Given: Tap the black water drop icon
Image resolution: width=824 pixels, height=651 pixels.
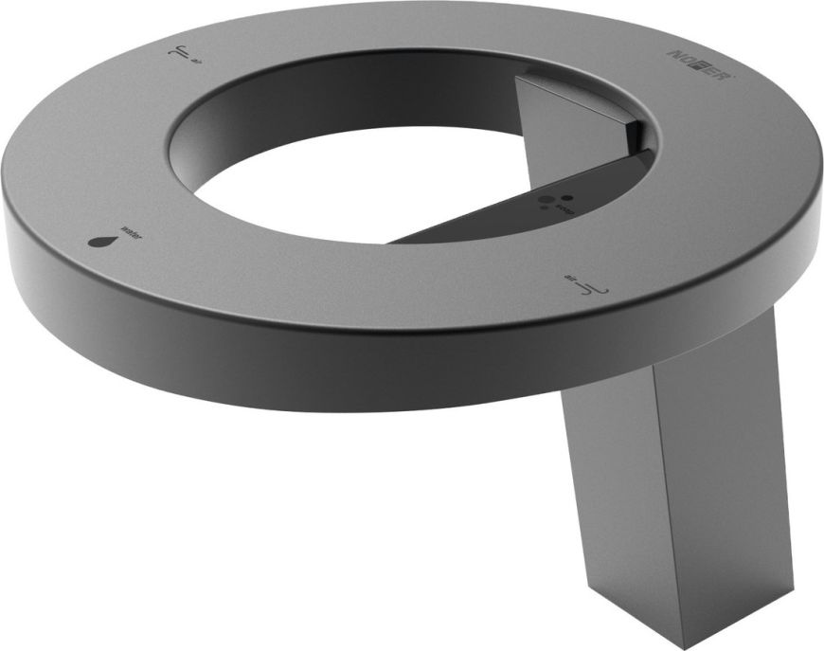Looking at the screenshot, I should [x=100, y=241].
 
